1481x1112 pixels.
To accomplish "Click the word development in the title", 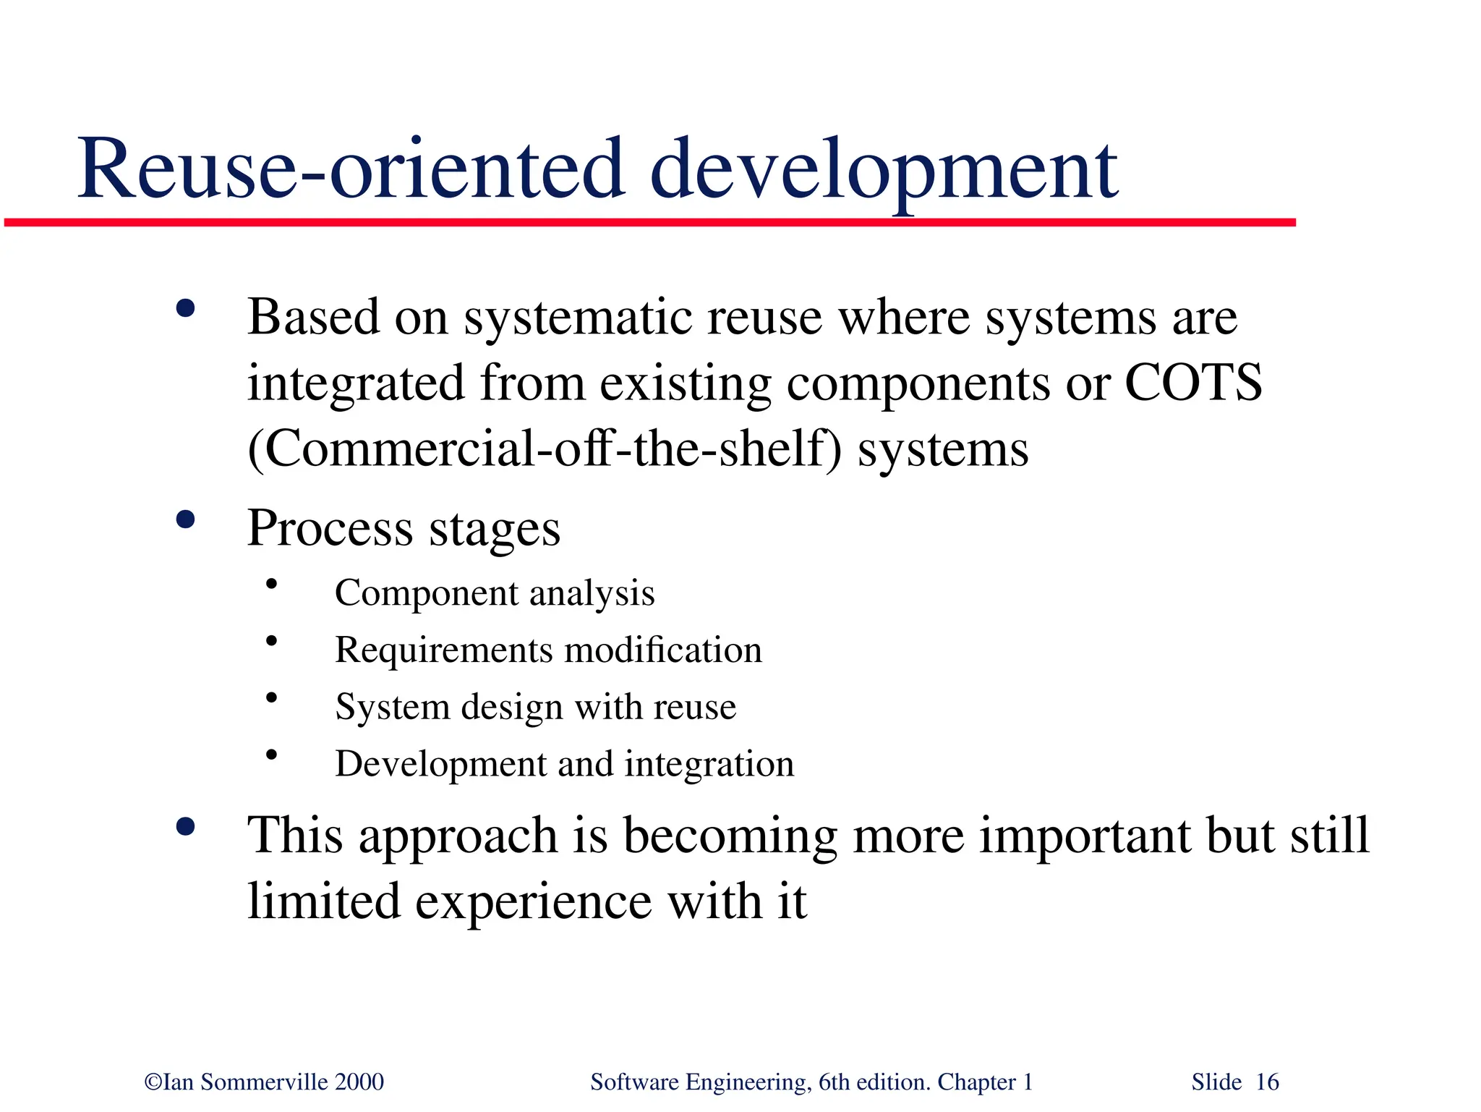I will (884, 171).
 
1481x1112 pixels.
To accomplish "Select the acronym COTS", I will (1193, 383).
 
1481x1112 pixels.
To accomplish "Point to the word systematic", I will (578, 318).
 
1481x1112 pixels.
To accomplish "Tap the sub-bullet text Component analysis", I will (495, 593).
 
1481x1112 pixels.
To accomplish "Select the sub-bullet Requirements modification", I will (548, 650).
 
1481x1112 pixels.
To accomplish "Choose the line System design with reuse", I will (535, 707).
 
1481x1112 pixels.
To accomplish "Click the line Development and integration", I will (564, 764).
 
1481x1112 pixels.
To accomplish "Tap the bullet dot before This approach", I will (186, 827).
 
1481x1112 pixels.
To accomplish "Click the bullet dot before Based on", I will (186, 309).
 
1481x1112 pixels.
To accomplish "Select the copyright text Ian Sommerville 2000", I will (265, 1082).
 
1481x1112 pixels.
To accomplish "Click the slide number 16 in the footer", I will (1267, 1082).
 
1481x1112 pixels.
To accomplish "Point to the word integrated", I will (355, 384).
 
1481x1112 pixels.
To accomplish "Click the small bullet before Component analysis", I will (271, 584).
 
